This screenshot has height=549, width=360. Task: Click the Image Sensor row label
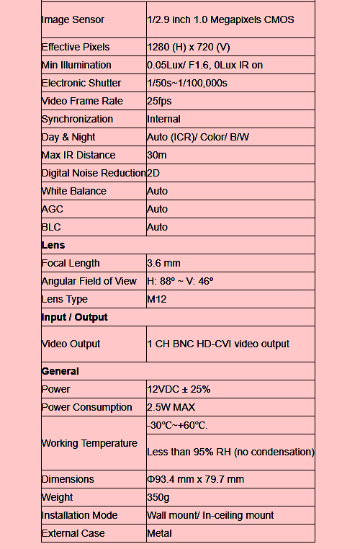(73, 19)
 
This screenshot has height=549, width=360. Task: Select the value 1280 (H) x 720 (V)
(189, 47)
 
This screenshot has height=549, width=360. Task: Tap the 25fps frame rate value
(163, 101)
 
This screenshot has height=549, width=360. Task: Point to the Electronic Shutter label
(81, 83)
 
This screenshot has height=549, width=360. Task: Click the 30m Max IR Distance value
(156, 155)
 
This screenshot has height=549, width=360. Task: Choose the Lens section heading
(53, 245)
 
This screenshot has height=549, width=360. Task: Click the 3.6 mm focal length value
(163, 263)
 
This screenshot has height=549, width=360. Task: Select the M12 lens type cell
(157, 299)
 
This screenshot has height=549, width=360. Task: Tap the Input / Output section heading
(75, 317)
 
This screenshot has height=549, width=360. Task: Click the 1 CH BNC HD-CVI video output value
(218, 344)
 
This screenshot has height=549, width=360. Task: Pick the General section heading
(60, 371)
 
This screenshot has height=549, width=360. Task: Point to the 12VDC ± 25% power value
(179, 389)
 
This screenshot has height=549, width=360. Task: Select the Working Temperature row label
(89, 443)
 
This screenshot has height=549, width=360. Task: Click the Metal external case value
(159, 533)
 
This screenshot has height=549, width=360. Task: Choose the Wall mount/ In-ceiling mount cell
(210, 515)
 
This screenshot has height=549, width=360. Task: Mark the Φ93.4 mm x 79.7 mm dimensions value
(195, 479)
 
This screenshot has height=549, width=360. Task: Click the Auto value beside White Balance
(157, 191)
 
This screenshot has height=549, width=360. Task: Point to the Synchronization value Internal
(163, 119)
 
